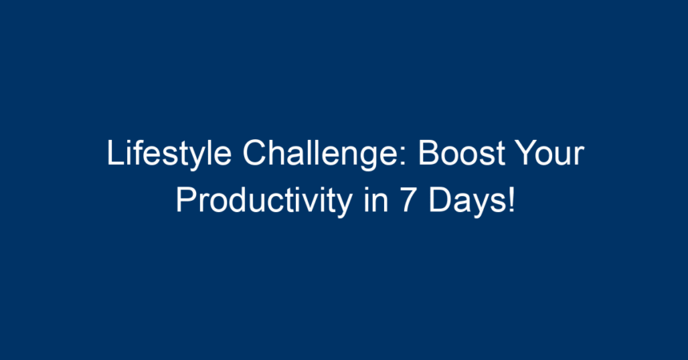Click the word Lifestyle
click(169, 154)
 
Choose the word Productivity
click(264, 201)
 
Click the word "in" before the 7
click(376, 200)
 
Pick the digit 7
click(408, 201)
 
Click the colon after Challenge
click(405, 157)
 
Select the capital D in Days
click(440, 201)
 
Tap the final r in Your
click(580, 156)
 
